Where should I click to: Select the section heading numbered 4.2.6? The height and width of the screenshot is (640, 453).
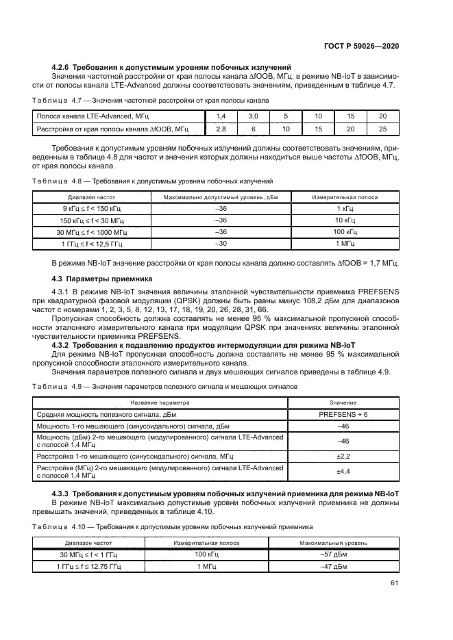click(x=173, y=66)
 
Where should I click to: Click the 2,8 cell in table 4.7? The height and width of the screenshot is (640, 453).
click(x=221, y=129)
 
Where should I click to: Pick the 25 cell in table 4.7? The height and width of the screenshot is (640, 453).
click(x=382, y=129)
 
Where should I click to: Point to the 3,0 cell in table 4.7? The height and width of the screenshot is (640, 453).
click(x=253, y=117)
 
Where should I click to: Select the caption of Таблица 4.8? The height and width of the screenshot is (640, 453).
click(x=152, y=181)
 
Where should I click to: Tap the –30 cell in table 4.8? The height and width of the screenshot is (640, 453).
click(x=221, y=244)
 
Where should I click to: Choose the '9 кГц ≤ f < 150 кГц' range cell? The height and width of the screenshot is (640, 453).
click(x=86, y=208)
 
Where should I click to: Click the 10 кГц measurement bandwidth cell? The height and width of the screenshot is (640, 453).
click(x=345, y=220)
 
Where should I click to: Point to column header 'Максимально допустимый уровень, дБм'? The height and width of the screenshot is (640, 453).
click(x=221, y=197)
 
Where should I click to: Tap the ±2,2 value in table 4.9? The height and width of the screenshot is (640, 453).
click(x=343, y=455)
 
